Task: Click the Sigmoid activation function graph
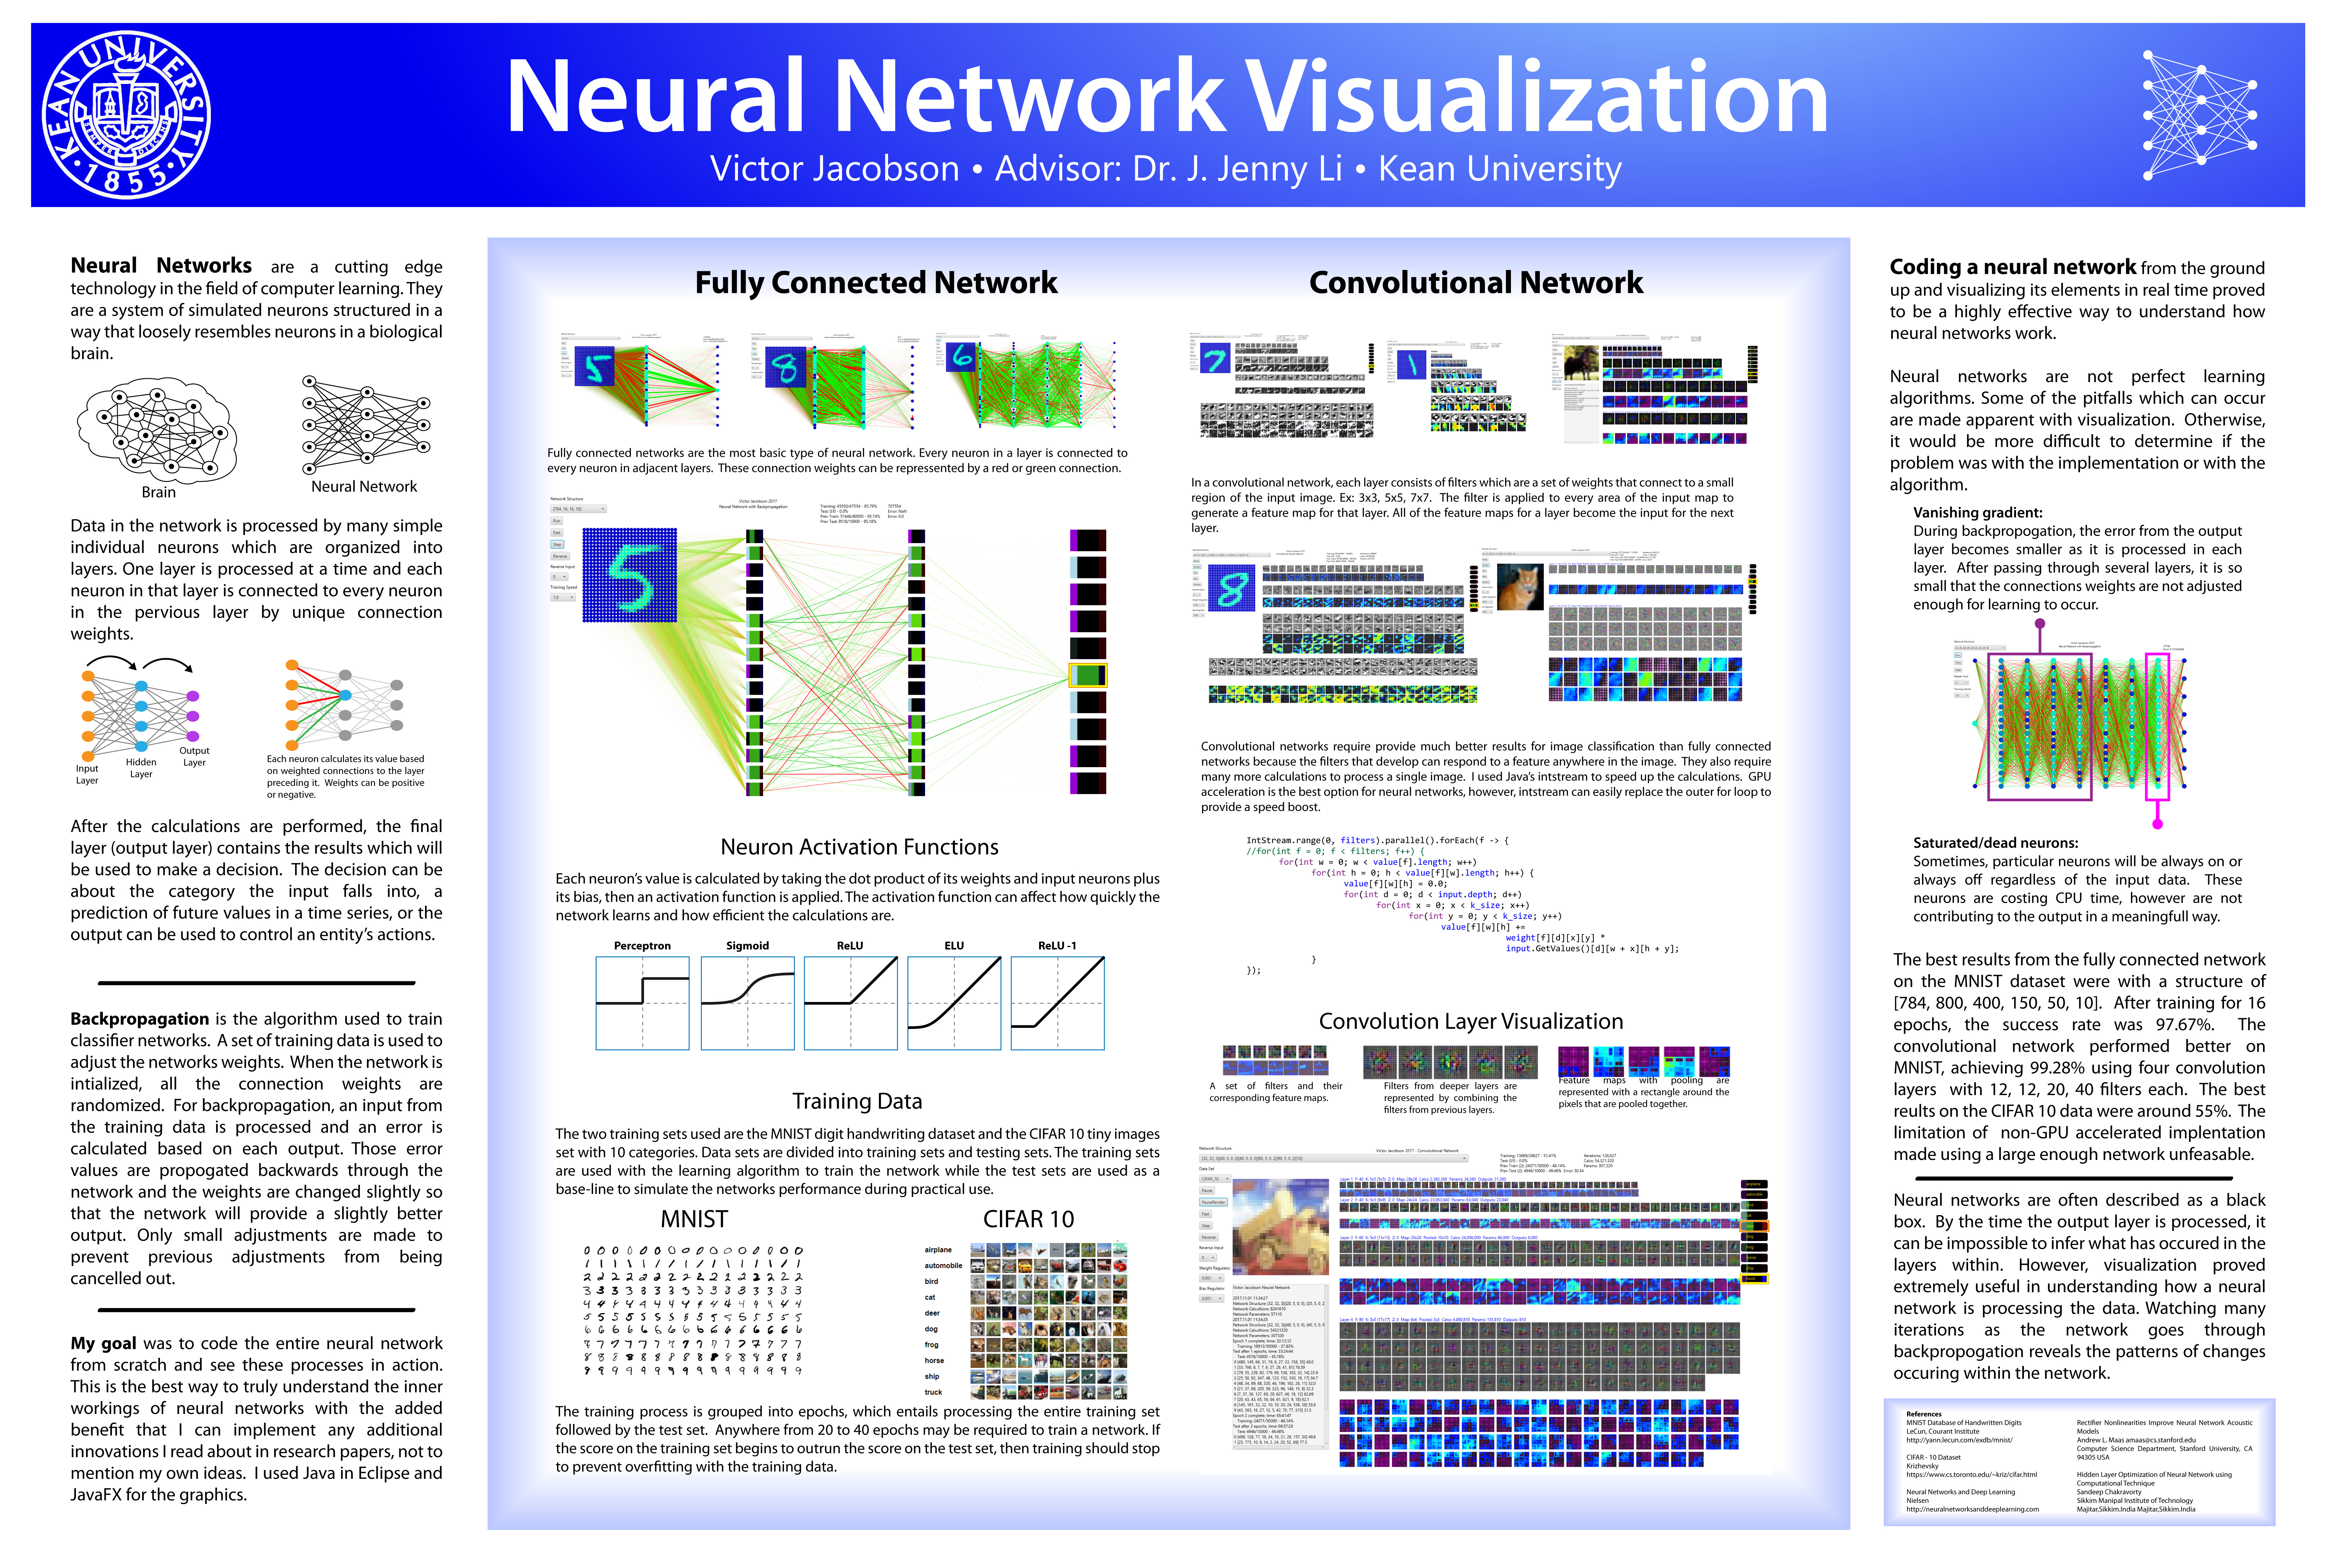[747, 1003]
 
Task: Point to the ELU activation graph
[954, 1003]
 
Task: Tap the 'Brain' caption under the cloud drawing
[158, 492]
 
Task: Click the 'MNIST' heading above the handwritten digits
[694, 1219]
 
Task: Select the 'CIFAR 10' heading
[1028, 1219]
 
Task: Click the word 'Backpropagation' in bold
[139, 1019]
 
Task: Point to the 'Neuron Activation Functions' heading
[859, 847]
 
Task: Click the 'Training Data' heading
[857, 1101]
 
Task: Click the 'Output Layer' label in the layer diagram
[195, 757]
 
